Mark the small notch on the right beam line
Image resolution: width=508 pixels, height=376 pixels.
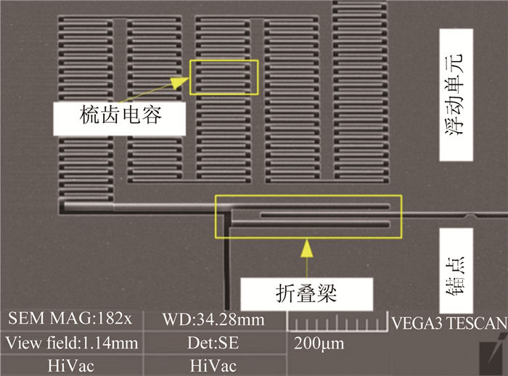click(474, 216)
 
